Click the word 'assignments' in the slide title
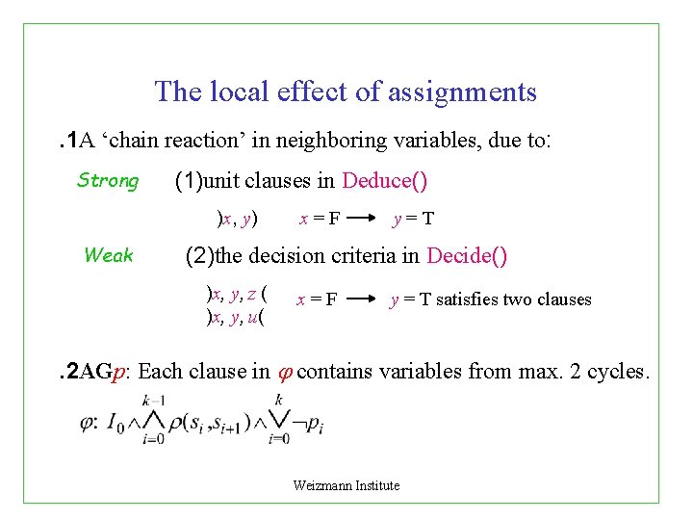point(462,92)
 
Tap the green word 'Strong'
point(108,181)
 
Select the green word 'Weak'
point(108,255)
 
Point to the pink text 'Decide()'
point(467,256)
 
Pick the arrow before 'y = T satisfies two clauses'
point(363,299)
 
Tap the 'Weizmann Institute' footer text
point(346,485)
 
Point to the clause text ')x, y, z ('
point(237,290)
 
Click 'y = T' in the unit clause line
point(413,219)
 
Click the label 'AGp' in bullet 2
point(101,372)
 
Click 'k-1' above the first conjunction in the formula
point(151,400)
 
